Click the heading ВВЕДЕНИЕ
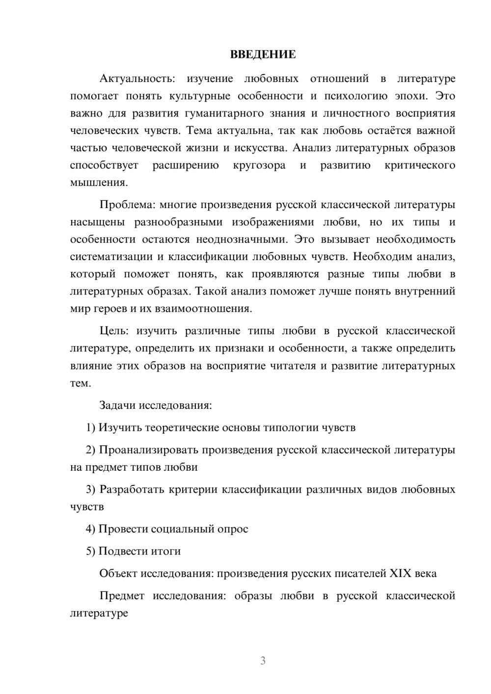263,54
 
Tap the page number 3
263,661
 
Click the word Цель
113,331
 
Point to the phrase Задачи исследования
155,405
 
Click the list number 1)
91,427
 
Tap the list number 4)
91,529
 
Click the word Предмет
122,596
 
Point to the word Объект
118,573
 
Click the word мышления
99,183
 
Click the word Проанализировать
148,450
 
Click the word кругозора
259,165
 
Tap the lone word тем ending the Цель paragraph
80,383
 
